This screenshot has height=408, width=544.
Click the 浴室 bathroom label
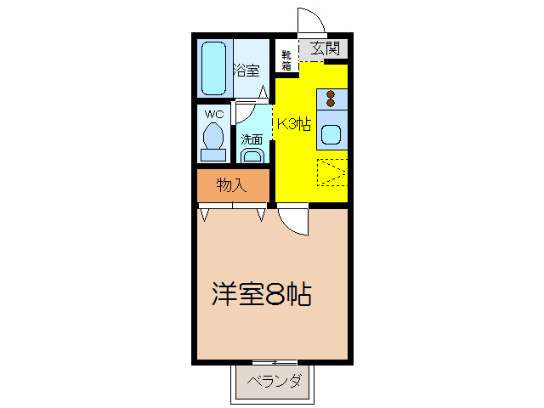246,71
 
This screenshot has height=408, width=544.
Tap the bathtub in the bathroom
214,69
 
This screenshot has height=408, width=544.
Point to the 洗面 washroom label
251,139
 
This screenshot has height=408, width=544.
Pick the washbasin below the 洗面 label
252,155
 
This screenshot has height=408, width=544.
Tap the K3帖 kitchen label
292,124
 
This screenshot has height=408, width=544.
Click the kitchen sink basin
331,134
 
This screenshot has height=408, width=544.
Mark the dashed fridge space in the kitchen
331,173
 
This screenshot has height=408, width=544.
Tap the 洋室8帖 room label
261,295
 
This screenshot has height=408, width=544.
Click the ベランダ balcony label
274,382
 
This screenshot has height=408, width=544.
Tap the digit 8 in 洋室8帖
274,295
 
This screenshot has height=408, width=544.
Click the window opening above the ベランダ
274,363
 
